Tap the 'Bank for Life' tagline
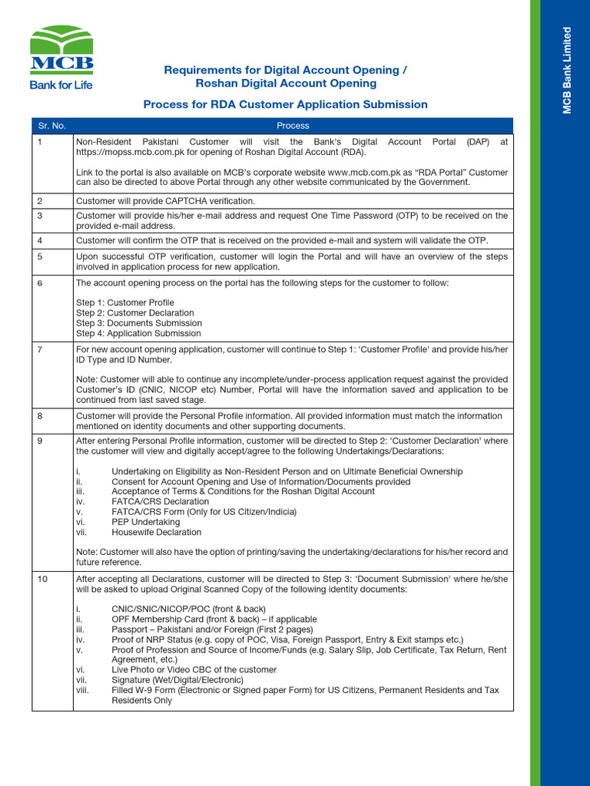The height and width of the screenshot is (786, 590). pyautogui.click(x=61, y=85)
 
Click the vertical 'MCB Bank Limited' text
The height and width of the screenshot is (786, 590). pyautogui.click(x=568, y=71)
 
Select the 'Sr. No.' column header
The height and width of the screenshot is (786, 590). pyautogui.click(x=51, y=125)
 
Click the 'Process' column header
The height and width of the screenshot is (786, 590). pyautogui.click(x=292, y=125)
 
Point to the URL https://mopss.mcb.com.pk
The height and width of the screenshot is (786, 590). pyautogui.click(x=131, y=152)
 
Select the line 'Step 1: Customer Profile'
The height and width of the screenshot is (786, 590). pyautogui.click(x=124, y=303)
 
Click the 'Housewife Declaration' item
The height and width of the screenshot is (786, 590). pyautogui.click(x=156, y=532)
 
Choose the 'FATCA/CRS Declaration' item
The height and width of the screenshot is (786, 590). pyautogui.click(x=160, y=502)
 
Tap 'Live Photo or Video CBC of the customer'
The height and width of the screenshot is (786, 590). pyautogui.click(x=194, y=669)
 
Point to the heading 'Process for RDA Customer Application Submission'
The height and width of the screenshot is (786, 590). pyautogui.click(x=285, y=104)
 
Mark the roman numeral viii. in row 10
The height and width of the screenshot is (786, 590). pyautogui.click(x=83, y=690)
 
